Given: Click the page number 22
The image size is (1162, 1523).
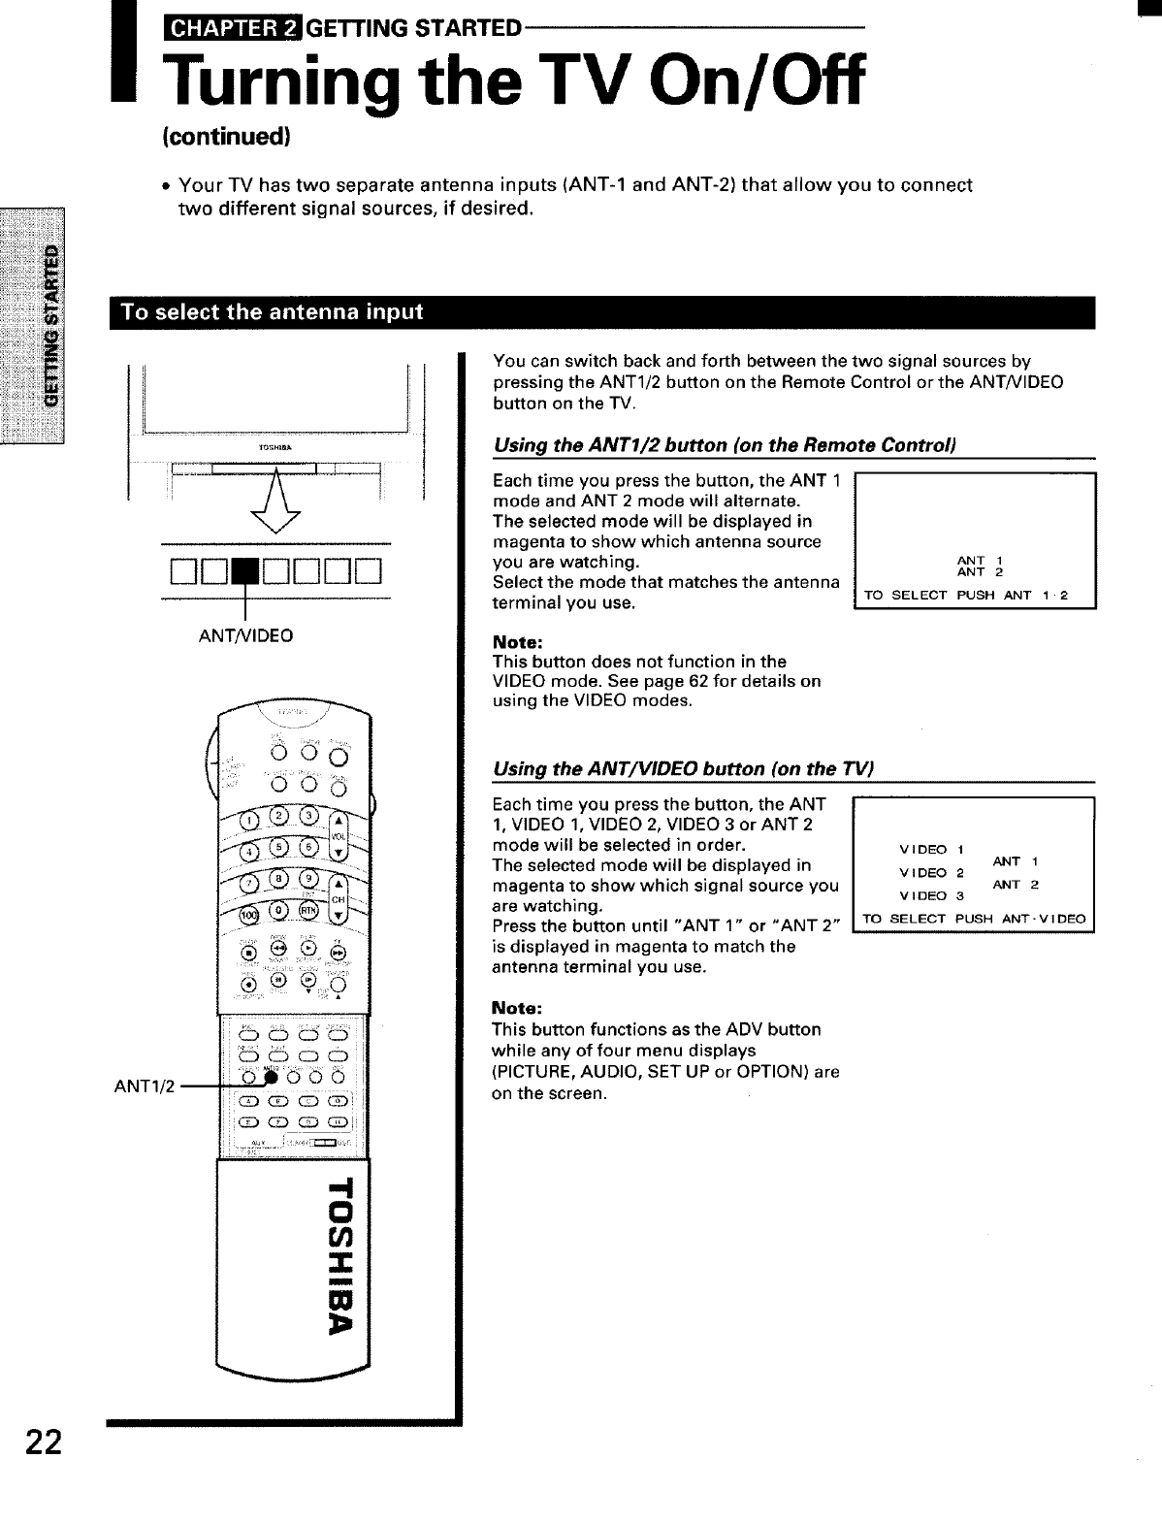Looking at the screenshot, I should (45, 1443).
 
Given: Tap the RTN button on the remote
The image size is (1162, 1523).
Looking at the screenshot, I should (307, 911).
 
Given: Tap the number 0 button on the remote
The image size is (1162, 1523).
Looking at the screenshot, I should (279, 911).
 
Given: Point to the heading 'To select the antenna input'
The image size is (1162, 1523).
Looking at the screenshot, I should (271, 311).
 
